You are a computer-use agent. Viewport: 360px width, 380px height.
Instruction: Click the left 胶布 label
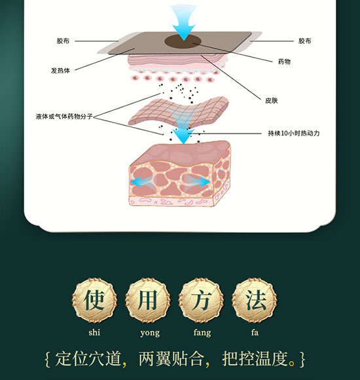[63, 41]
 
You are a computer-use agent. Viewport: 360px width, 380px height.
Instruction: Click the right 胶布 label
[304, 41]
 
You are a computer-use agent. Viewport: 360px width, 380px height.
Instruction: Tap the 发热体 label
[60, 71]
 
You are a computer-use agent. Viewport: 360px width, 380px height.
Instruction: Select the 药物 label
[284, 62]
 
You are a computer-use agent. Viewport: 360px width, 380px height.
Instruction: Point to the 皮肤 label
[272, 100]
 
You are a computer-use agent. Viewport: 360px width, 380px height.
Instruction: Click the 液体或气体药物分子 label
[64, 117]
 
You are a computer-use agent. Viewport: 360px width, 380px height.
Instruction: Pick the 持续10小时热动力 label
[294, 133]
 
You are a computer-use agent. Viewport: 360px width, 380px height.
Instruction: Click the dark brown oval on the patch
[183, 41]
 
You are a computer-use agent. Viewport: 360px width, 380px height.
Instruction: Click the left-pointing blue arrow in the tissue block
[141, 182]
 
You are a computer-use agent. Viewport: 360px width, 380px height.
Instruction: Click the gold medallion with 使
[94, 300]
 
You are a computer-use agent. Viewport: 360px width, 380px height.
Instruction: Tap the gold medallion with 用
[148, 300]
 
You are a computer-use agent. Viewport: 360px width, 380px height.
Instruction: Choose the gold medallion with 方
[201, 300]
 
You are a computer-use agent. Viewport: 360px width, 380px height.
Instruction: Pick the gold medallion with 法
[255, 300]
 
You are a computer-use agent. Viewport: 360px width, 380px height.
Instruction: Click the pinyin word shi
[94, 332]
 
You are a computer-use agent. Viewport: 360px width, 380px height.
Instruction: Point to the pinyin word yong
[150, 333]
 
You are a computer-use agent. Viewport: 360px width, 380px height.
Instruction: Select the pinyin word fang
[202, 333]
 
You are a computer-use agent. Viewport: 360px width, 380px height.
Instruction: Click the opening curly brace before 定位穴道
[47, 359]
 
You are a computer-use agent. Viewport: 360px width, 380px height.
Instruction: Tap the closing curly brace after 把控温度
[303, 359]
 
